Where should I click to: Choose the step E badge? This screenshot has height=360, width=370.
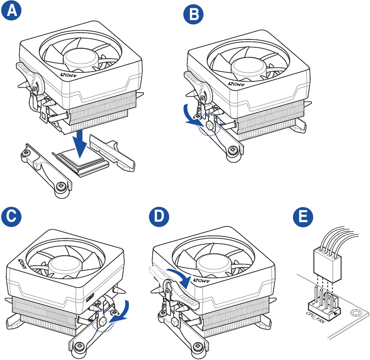click(302, 217)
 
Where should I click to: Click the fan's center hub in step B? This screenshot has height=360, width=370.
click(248, 67)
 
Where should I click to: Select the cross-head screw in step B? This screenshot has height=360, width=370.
click(234, 149)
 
